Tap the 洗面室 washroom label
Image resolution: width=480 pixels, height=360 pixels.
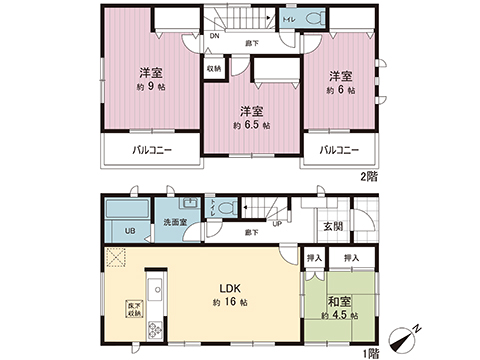(x=177, y=221)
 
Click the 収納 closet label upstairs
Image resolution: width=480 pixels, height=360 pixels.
(x=214, y=70)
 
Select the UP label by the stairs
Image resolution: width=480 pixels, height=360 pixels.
(x=276, y=222)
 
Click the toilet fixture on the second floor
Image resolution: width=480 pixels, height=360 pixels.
(x=313, y=19)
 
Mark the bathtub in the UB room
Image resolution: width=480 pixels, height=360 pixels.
(x=126, y=213)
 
